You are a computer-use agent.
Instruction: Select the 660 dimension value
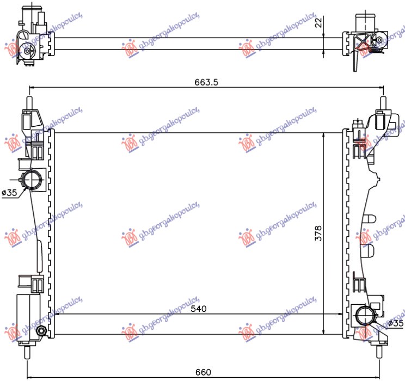[x=203, y=372]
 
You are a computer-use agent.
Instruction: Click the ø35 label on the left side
[x=10, y=193]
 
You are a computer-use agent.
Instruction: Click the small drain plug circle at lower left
[x=41, y=331]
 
